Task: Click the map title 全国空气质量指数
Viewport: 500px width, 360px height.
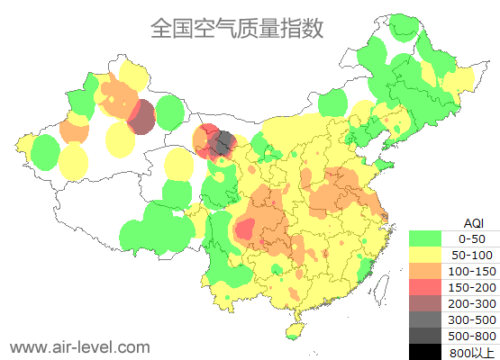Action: pyautogui.click(x=237, y=28)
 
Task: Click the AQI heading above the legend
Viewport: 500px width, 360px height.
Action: pyautogui.click(x=472, y=222)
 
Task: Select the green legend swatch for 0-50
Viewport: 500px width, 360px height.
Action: pyautogui.click(x=424, y=238)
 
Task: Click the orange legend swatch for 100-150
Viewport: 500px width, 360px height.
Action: pyautogui.click(x=424, y=271)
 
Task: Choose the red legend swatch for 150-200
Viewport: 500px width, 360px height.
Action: pyautogui.click(x=424, y=287)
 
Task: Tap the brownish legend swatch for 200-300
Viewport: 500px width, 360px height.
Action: pyautogui.click(x=424, y=303)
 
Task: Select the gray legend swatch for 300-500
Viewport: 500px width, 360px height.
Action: pyautogui.click(x=424, y=319)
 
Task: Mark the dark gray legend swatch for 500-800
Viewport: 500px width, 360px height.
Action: pyautogui.click(x=424, y=336)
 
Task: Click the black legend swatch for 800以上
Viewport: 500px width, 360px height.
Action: pyautogui.click(x=424, y=351)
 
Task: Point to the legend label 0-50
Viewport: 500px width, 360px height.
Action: pyautogui.click(x=471, y=238)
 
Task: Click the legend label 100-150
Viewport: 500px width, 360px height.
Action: pyautogui.click(x=471, y=271)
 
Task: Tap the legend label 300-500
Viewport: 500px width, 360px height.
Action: pyautogui.click(x=471, y=319)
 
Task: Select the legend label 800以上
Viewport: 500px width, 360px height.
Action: pyautogui.click(x=471, y=352)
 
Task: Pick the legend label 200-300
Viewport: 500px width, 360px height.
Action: pyautogui.click(x=471, y=303)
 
